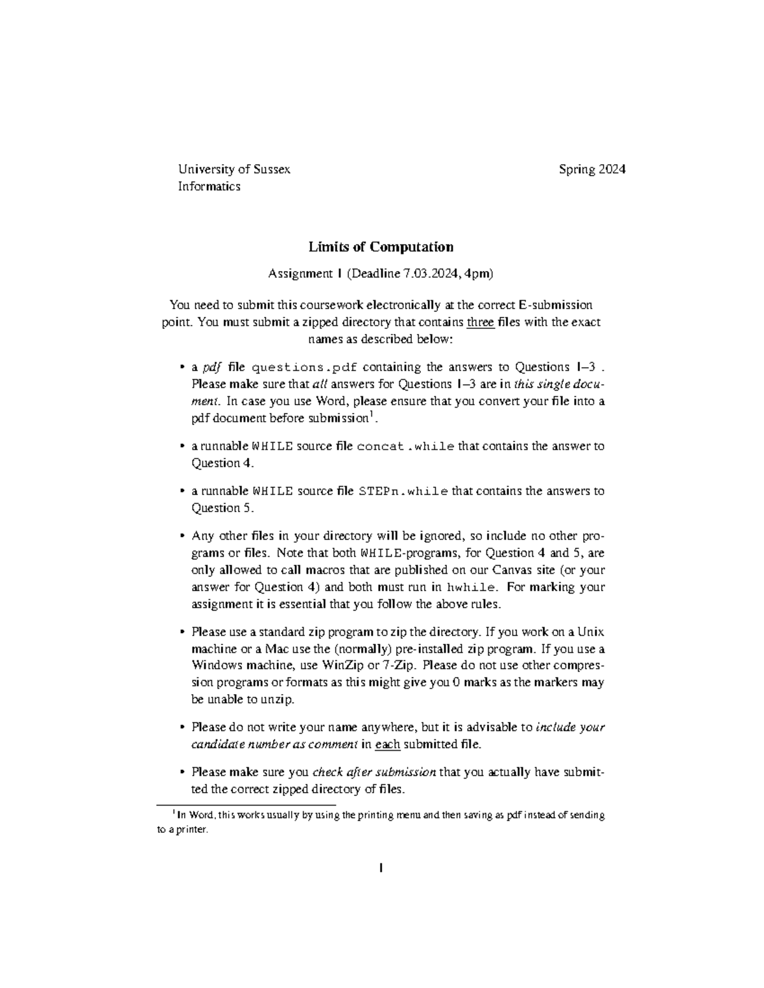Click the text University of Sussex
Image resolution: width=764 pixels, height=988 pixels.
click(234, 169)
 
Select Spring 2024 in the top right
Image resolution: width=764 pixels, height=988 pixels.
click(592, 169)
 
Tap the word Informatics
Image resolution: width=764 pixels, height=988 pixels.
click(209, 186)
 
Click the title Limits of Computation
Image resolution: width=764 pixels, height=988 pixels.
click(381, 247)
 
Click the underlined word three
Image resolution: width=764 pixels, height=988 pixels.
click(480, 322)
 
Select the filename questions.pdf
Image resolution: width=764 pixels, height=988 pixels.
click(305, 368)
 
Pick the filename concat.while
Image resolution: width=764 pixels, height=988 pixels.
click(406, 447)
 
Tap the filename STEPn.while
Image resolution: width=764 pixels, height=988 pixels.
click(404, 491)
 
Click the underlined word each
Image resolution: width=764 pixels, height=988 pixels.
click(388, 744)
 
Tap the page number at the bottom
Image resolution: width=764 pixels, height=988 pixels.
click(381, 868)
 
